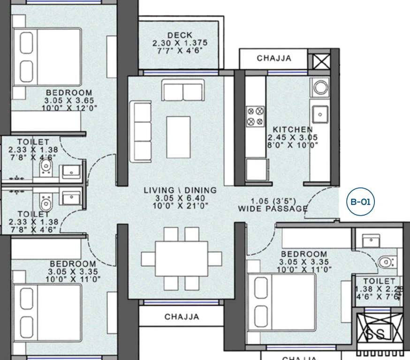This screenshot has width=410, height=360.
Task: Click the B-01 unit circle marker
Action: [361, 202]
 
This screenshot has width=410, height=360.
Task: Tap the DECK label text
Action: [179, 35]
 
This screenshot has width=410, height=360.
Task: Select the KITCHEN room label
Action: [293, 129]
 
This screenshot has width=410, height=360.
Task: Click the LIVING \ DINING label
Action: [180, 190]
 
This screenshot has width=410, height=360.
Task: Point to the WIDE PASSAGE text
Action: [273, 209]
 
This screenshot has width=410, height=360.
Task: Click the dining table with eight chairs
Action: [181, 258]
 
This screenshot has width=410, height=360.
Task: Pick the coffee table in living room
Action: [178, 136]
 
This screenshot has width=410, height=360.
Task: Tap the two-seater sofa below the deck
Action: [183, 90]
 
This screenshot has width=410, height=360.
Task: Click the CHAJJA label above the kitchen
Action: [274, 59]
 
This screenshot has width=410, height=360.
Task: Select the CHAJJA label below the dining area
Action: [182, 317]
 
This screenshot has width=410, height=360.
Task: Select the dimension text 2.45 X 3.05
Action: [293, 137]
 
